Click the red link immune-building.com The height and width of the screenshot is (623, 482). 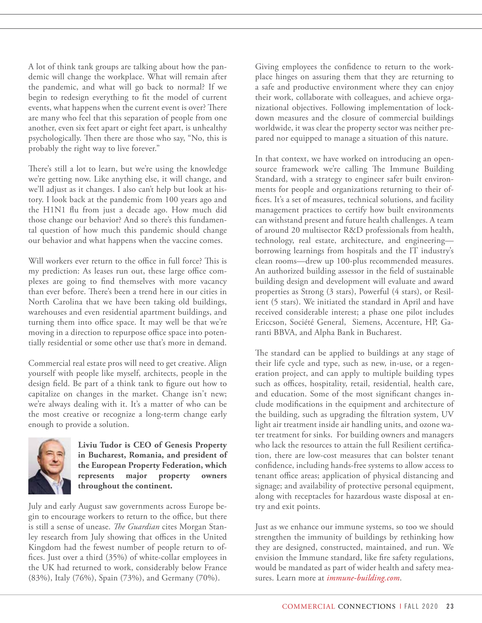363,578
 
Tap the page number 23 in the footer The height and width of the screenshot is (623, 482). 450,606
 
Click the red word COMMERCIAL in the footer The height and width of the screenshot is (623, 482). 308,606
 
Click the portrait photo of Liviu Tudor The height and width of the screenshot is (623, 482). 49,466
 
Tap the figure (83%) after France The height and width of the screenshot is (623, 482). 37,578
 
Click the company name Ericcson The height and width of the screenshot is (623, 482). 270,322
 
